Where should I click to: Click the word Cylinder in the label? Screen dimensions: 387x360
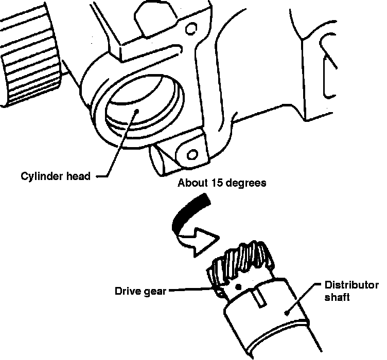[x=40, y=176]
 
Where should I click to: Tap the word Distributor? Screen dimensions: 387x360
[x=351, y=285]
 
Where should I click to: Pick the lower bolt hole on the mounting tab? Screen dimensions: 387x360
[x=192, y=154]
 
